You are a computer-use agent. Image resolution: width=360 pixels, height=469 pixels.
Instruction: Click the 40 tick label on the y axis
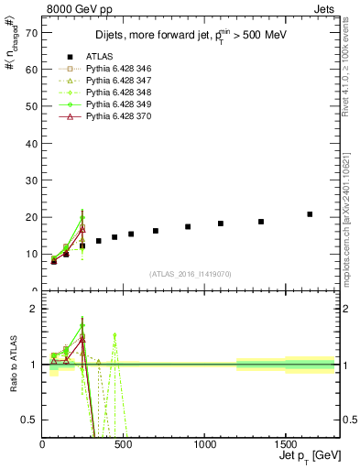tap(33, 143)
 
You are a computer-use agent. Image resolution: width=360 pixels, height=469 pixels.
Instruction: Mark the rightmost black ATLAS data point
tap(310, 214)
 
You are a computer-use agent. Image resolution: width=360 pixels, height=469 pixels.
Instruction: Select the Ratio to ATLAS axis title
tap(12, 365)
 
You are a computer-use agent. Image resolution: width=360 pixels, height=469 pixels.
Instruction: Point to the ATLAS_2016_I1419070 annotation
tap(191, 274)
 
